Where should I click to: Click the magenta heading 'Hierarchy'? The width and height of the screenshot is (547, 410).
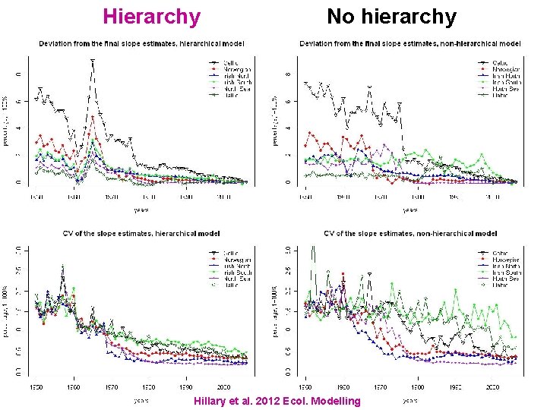pos(151,16)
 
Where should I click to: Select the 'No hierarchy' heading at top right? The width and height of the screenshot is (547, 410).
pos(391,16)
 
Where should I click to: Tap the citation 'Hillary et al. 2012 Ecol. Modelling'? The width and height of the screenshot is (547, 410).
pos(277,401)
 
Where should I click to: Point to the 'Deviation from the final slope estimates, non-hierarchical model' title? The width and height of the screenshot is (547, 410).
pos(409,43)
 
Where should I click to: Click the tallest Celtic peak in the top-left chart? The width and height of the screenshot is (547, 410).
pos(93,59)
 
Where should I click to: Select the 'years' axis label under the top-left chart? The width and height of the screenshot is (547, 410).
pos(141,209)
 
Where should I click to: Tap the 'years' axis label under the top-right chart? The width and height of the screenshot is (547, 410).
pos(409,209)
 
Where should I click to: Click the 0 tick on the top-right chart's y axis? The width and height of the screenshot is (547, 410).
pos(288,182)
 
